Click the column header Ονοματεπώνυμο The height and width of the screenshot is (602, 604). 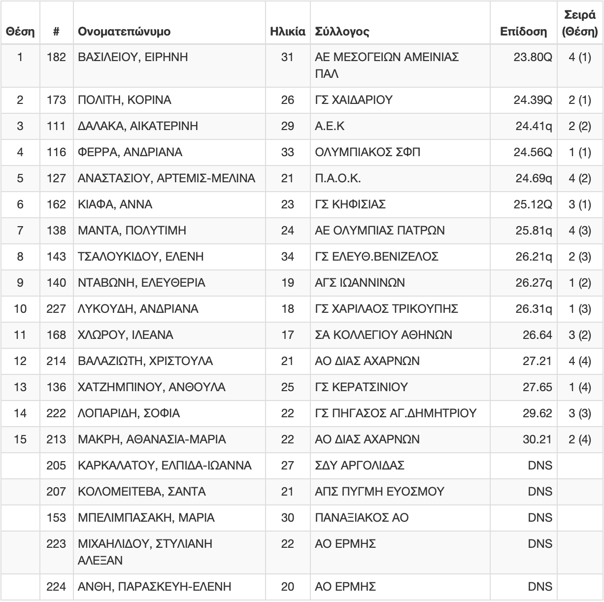(x=124, y=32)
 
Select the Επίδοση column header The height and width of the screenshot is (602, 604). (x=523, y=32)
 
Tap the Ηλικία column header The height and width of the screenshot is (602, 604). (x=287, y=32)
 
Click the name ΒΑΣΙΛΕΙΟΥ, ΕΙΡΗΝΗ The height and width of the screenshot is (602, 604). (x=133, y=57)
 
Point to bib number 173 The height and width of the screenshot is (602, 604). (x=56, y=100)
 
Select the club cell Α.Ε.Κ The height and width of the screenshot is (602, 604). (x=330, y=126)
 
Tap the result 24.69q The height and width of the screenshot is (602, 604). (x=534, y=178)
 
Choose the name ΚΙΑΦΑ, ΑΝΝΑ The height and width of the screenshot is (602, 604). (x=115, y=204)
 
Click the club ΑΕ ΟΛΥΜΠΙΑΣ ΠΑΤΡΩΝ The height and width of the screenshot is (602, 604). (x=379, y=231)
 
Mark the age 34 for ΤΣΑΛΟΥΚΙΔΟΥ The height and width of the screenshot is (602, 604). (x=287, y=257)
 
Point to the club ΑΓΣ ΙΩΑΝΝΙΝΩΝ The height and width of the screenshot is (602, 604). (x=360, y=283)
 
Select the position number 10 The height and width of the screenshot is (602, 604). (x=20, y=309)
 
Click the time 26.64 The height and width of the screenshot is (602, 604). (x=537, y=335)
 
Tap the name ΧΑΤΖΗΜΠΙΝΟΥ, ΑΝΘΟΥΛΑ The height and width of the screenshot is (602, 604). (x=152, y=387)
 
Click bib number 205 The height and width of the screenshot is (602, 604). (x=56, y=466)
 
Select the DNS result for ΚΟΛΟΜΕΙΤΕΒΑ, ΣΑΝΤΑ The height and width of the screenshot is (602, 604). (x=540, y=492)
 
